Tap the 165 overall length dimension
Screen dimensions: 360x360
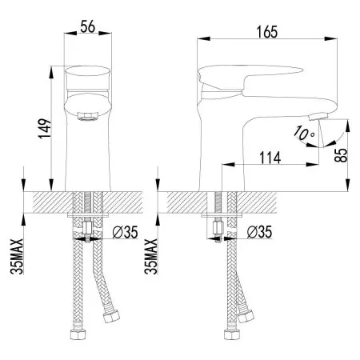(266, 33)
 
